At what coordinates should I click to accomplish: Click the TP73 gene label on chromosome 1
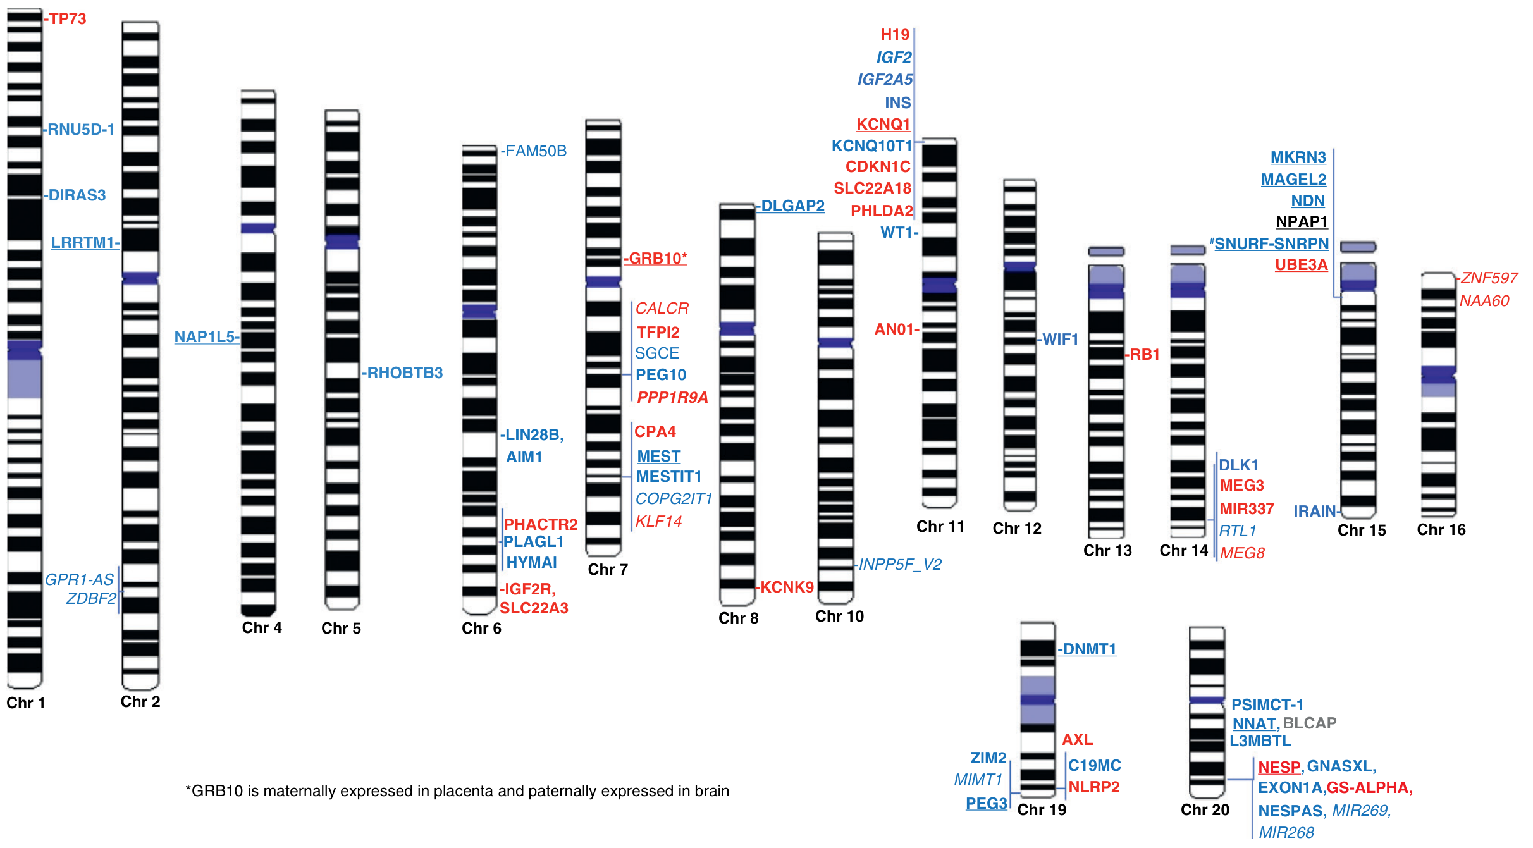(68, 19)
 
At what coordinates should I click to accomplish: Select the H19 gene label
(895, 35)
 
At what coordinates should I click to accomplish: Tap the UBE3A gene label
(1301, 265)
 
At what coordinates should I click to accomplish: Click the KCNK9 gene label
(787, 587)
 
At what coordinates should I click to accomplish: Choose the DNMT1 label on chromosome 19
(1090, 649)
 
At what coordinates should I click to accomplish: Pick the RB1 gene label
(1145, 355)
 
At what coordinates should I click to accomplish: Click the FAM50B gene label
(536, 151)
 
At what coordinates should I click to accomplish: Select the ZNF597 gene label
(1489, 278)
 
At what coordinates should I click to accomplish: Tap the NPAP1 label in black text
(1302, 222)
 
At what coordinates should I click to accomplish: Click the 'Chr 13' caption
(1107, 551)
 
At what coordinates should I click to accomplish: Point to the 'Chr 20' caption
(1205, 810)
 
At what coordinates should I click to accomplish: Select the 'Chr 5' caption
(341, 629)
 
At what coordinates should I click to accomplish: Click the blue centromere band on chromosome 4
(258, 228)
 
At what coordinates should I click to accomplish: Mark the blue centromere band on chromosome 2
(140, 278)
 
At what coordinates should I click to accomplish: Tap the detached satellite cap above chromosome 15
(1358, 247)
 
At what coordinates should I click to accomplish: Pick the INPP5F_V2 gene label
(900, 565)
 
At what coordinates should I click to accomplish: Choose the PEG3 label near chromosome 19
(986, 804)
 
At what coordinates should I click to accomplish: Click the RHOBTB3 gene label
(405, 373)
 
